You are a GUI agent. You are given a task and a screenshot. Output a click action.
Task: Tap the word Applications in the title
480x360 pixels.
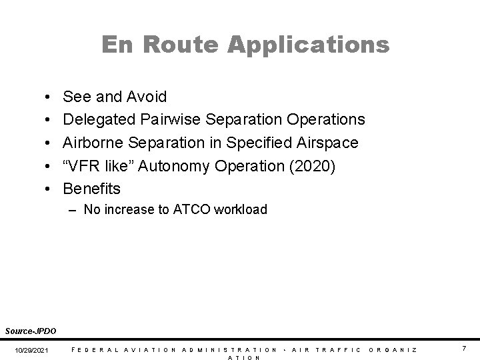point(308,45)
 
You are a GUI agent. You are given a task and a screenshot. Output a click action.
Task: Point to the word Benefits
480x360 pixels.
point(92,189)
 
